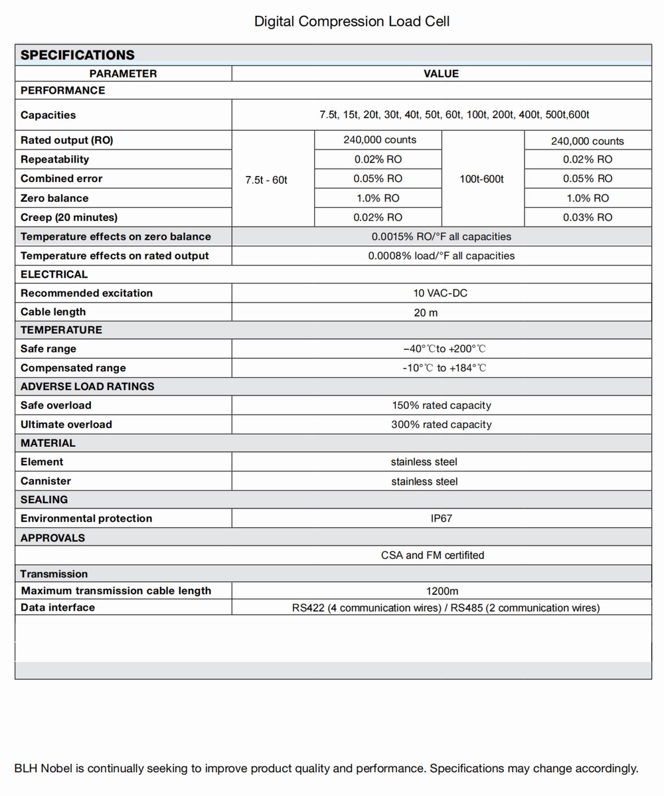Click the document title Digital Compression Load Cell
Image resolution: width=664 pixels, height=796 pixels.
(352, 21)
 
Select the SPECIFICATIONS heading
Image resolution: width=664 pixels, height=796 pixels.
(77, 55)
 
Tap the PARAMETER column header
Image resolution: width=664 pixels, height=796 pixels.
(124, 74)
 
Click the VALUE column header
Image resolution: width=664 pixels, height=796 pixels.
(441, 74)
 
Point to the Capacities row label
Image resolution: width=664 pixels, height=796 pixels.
(48, 115)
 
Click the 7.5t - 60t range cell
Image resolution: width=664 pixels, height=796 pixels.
(266, 179)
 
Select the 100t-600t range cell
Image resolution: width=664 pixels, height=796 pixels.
(482, 179)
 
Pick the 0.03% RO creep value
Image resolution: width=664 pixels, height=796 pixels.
(588, 217)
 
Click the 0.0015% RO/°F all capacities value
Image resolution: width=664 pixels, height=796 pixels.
(441, 236)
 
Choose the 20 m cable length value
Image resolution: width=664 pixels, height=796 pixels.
(426, 312)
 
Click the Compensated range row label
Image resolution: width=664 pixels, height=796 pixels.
(73, 368)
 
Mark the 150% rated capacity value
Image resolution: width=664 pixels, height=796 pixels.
(441, 405)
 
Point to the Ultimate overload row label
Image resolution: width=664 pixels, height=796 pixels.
(66, 424)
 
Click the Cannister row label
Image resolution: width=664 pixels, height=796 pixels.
(46, 481)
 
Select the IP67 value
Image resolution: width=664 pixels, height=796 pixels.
(441, 518)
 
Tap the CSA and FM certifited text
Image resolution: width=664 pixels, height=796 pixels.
(432, 555)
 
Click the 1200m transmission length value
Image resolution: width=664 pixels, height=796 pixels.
(442, 591)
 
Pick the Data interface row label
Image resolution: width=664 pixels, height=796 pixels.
(58, 607)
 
